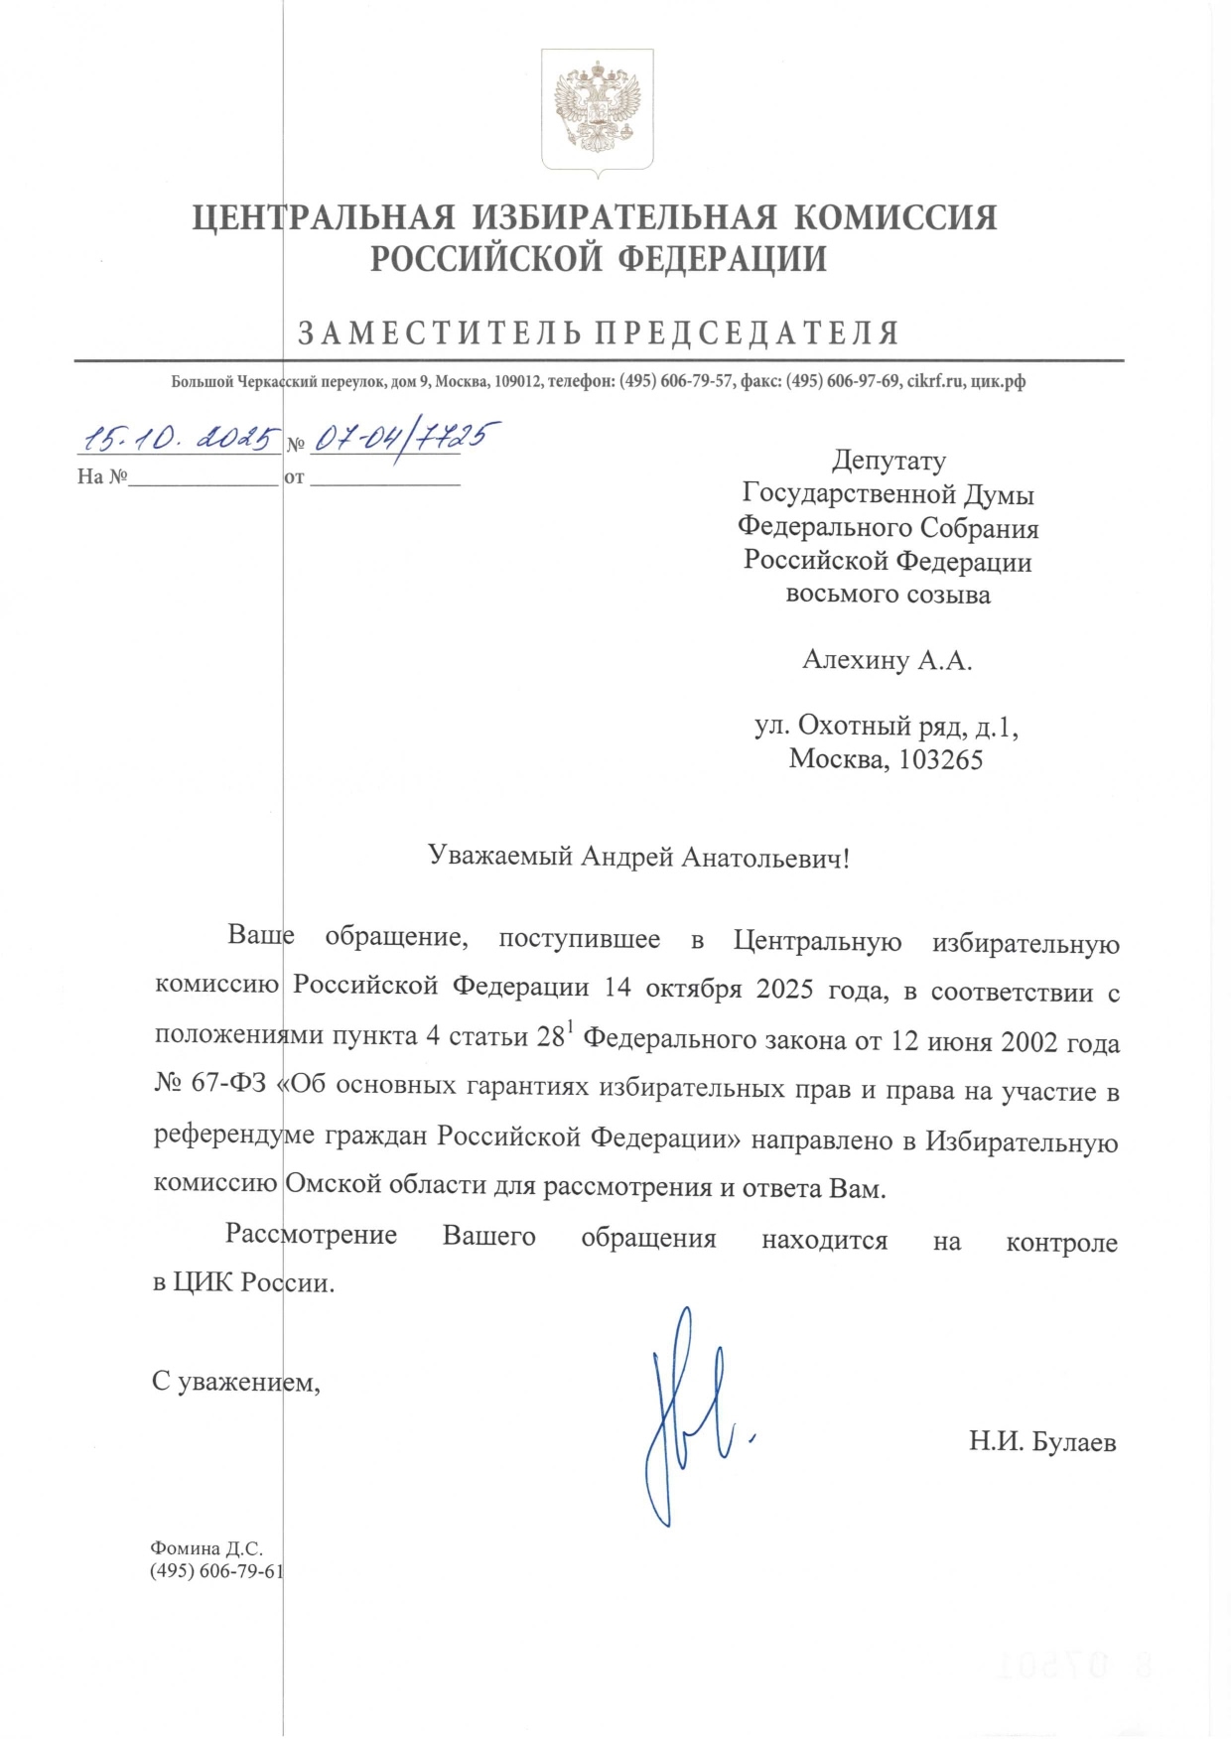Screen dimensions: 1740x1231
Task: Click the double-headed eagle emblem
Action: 597,108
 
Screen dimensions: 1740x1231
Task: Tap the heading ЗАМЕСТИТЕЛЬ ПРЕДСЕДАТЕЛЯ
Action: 599,333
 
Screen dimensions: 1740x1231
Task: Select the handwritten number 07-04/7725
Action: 403,438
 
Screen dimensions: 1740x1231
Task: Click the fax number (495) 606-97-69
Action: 843,381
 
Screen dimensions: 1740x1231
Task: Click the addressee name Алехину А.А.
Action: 887,660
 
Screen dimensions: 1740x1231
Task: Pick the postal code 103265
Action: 940,759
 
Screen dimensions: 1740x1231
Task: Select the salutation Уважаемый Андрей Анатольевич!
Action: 638,857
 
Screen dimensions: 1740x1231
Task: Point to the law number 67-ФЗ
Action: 228,1082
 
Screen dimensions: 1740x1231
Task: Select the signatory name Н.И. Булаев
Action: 1042,1441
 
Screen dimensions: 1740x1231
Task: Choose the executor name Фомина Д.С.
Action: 206,1548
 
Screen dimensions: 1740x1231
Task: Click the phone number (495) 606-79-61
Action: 216,1571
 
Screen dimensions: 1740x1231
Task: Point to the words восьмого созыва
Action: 888,595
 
